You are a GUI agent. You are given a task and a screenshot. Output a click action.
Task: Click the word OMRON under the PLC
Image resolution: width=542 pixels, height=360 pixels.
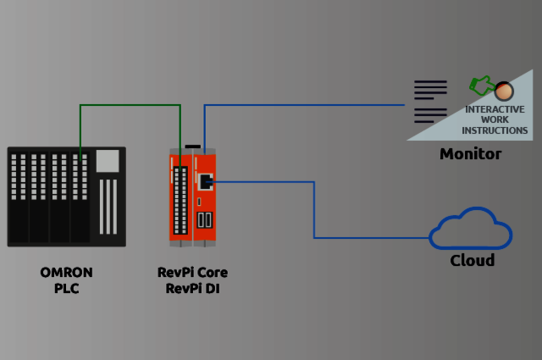67,273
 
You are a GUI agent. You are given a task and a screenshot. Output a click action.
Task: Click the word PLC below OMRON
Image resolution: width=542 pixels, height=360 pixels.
67,288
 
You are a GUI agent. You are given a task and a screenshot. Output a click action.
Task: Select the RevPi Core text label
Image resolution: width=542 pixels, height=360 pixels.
192,273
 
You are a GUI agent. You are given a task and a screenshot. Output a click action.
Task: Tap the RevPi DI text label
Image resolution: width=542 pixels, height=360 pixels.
192,288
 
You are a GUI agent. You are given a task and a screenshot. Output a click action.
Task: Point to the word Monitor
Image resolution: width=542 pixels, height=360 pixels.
470,154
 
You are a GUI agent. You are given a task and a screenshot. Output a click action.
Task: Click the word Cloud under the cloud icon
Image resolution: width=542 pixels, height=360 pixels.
472,260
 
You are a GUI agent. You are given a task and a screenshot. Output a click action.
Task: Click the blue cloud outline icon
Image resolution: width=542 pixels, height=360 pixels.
471,229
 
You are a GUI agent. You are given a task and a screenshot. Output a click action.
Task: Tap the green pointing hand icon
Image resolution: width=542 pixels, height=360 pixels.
481,85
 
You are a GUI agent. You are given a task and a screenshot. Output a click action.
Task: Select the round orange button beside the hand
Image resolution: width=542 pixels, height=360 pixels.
504,90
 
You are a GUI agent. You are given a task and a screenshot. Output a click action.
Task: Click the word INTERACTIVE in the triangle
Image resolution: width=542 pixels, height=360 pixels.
495,110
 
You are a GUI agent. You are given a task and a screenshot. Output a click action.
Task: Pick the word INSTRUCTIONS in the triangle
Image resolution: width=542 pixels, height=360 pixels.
495,130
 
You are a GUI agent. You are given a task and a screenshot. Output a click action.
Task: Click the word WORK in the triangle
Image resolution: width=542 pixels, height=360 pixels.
495,120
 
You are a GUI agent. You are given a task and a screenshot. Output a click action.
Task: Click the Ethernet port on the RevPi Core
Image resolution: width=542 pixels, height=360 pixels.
205,180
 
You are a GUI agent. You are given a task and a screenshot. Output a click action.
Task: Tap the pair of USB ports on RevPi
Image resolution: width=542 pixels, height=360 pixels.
205,220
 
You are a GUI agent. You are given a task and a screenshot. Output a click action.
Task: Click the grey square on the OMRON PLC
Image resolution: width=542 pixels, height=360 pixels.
108,161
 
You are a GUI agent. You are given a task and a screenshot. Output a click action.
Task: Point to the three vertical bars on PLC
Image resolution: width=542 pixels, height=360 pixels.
108,206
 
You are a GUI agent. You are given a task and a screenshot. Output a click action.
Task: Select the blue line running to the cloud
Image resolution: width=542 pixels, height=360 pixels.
314,212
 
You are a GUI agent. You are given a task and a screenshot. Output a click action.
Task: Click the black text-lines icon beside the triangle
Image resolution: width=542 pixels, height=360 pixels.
429,101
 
